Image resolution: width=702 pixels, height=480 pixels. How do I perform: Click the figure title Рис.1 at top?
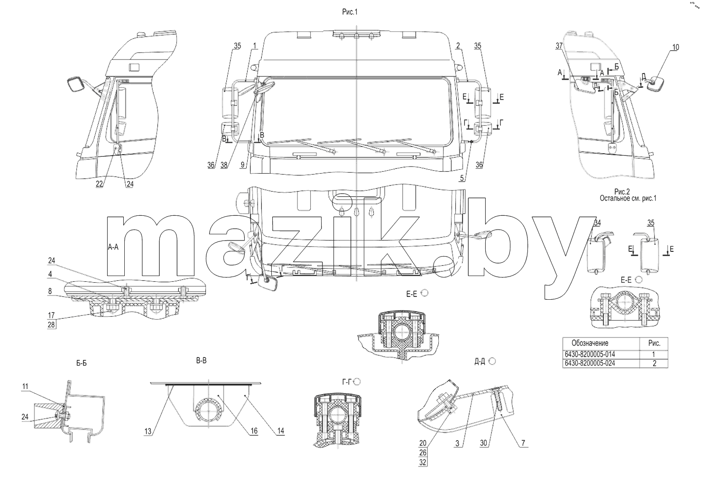[350, 12]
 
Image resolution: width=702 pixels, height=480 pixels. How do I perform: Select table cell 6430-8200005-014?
[590, 354]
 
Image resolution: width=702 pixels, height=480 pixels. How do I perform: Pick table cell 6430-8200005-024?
[590, 363]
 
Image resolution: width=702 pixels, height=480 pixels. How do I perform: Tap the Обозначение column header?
[590, 343]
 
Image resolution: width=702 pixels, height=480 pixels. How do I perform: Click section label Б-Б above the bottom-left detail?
[82, 363]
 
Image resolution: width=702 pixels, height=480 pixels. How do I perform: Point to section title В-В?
[201, 360]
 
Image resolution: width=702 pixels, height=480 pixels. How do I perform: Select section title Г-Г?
[347, 382]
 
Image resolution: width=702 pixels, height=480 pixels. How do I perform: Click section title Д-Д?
[480, 361]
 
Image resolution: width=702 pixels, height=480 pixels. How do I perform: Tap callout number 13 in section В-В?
[148, 432]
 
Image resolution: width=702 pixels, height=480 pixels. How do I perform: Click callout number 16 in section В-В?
[254, 431]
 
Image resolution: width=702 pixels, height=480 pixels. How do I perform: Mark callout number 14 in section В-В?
[280, 431]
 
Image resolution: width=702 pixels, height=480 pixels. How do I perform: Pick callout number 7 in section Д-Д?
[523, 443]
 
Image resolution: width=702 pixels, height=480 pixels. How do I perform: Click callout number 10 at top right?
[675, 47]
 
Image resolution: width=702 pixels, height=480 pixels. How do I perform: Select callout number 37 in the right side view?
[559, 46]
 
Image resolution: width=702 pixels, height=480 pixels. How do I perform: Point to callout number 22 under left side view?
[99, 184]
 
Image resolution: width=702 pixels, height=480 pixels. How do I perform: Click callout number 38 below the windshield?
[224, 165]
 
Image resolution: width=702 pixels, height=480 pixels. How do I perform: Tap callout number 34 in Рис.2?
[597, 223]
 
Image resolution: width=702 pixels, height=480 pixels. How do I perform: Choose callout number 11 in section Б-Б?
[25, 387]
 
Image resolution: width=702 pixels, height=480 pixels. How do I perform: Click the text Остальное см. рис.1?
[628, 198]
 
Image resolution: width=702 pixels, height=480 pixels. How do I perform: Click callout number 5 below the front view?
[462, 178]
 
